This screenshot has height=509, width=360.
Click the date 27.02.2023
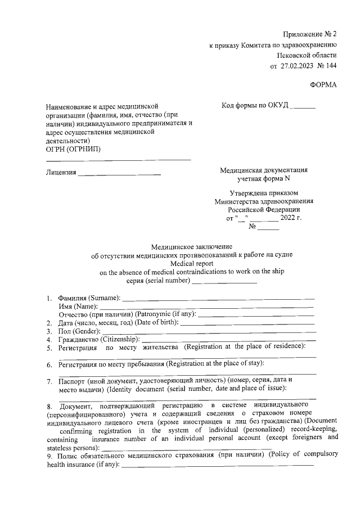(x=299, y=66)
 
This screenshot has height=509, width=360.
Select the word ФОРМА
(x=323, y=85)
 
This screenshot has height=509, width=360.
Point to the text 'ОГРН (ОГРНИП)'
(x=74, y=150)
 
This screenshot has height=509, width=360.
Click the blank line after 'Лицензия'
(x=119, y=173)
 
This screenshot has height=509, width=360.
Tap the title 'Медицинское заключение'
(x=192, y=246)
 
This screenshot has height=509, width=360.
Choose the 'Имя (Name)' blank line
(x=206, y=307)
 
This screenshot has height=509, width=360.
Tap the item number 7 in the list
(x=49, y=381)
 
